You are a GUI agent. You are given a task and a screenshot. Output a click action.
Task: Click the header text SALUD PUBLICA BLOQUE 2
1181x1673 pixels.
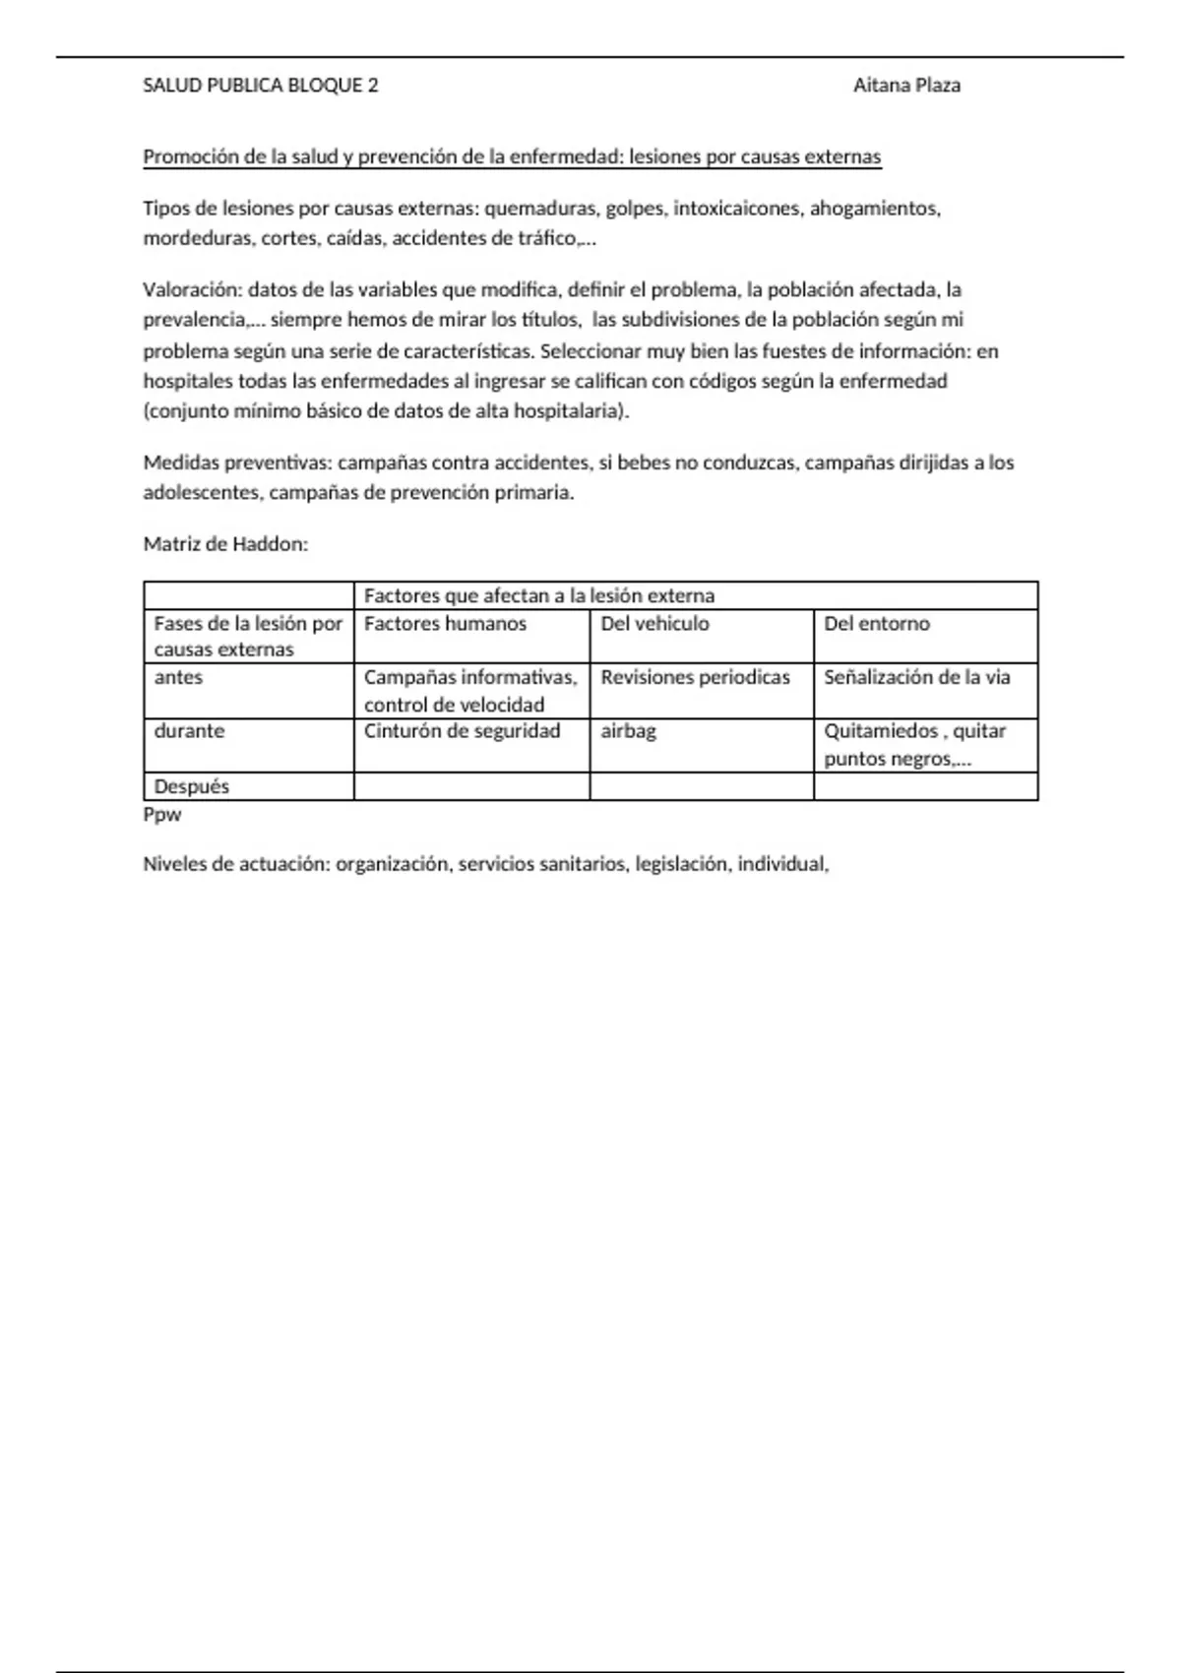pos(261,86)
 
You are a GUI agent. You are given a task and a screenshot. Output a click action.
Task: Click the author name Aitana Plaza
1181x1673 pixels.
pos(906,86)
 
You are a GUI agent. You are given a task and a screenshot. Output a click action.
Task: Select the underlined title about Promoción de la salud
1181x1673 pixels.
pos(512,157)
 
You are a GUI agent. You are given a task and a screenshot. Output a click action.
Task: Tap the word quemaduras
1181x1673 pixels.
pos(540,209)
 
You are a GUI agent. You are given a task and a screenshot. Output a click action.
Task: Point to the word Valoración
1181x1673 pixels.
pos(191,290)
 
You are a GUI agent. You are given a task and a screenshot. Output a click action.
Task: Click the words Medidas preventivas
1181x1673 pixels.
pos(236,463)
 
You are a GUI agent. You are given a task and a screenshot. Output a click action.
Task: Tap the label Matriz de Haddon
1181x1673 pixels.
pos(225,544)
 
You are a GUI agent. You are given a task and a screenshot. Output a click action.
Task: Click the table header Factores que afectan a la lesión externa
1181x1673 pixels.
pos(539,595)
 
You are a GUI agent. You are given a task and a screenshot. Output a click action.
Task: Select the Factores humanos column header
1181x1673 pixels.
pos(445,624)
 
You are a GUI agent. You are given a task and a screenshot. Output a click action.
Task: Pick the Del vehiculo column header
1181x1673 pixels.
pos(654,624)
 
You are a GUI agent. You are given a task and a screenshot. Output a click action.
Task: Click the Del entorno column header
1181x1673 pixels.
pos(876,624)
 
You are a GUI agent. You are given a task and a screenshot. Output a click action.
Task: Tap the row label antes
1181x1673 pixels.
pos(178,677)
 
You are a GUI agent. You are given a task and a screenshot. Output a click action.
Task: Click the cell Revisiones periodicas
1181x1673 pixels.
pos(695,677)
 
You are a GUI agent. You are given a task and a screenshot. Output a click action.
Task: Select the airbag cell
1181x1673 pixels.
pos(628,731)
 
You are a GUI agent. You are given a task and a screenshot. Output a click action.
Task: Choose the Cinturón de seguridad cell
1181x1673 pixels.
pos(462,731)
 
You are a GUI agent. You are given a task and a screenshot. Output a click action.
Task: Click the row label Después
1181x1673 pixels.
pos(191,786)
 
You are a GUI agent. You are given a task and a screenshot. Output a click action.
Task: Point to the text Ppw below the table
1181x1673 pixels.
pos(162,815)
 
